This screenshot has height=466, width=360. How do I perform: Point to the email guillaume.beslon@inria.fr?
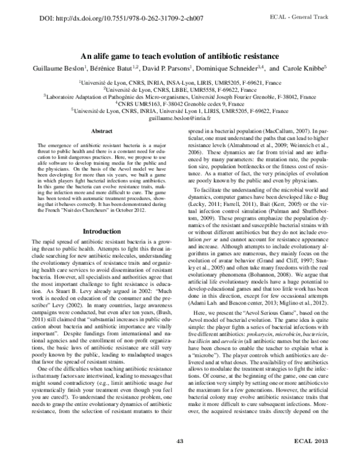coord(180,119)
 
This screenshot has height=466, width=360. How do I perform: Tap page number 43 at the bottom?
coord(180,458)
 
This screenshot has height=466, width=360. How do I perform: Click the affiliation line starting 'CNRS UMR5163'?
coord(180,103)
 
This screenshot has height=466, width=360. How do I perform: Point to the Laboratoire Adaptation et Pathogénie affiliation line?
coord(180,96)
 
